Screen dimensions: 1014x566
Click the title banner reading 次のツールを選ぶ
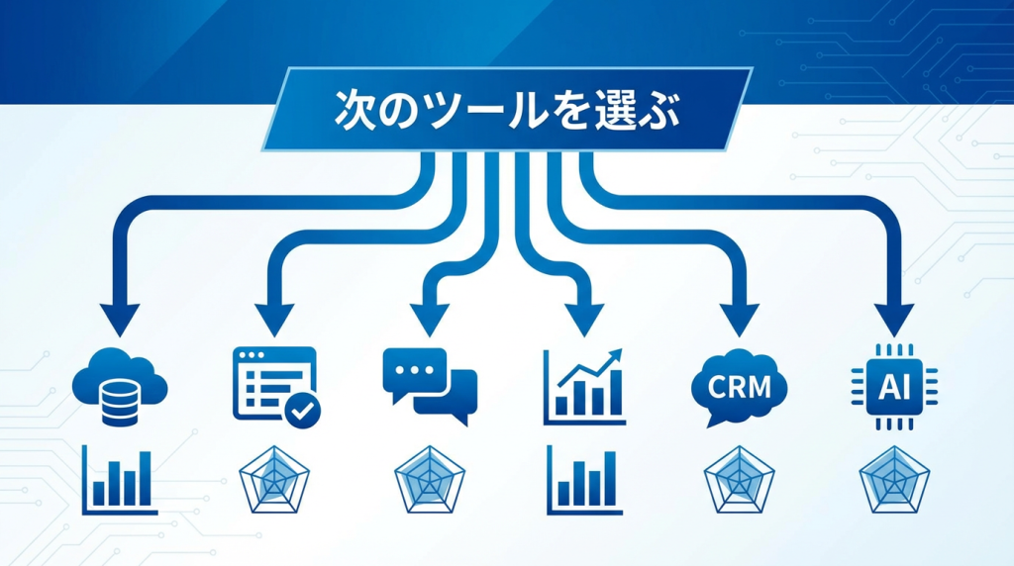(x=507, y=109)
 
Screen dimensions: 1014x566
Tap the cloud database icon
(x=120, y=386)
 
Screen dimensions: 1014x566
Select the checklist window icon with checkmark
(x=276, y=387)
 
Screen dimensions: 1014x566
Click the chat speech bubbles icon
(x=430, y=386)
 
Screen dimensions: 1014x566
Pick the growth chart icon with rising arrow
(x=584, y=386)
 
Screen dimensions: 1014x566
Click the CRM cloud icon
(x=739, y=388)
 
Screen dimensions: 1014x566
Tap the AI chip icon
(x=894, y=387)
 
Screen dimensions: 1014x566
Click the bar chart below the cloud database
(x=120, y=480)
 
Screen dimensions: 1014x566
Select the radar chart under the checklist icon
(x=274, y=480)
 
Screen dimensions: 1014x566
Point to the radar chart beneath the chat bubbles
(x=430, y=480)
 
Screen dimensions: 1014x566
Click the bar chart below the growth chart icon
(x=584, y=480)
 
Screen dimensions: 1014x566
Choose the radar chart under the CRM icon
(x=739, y=480)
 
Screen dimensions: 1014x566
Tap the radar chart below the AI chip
(x=894, y=480)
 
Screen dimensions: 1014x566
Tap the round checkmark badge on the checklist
(x=303, y=410)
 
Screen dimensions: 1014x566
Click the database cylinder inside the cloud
(x=120, y=403)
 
